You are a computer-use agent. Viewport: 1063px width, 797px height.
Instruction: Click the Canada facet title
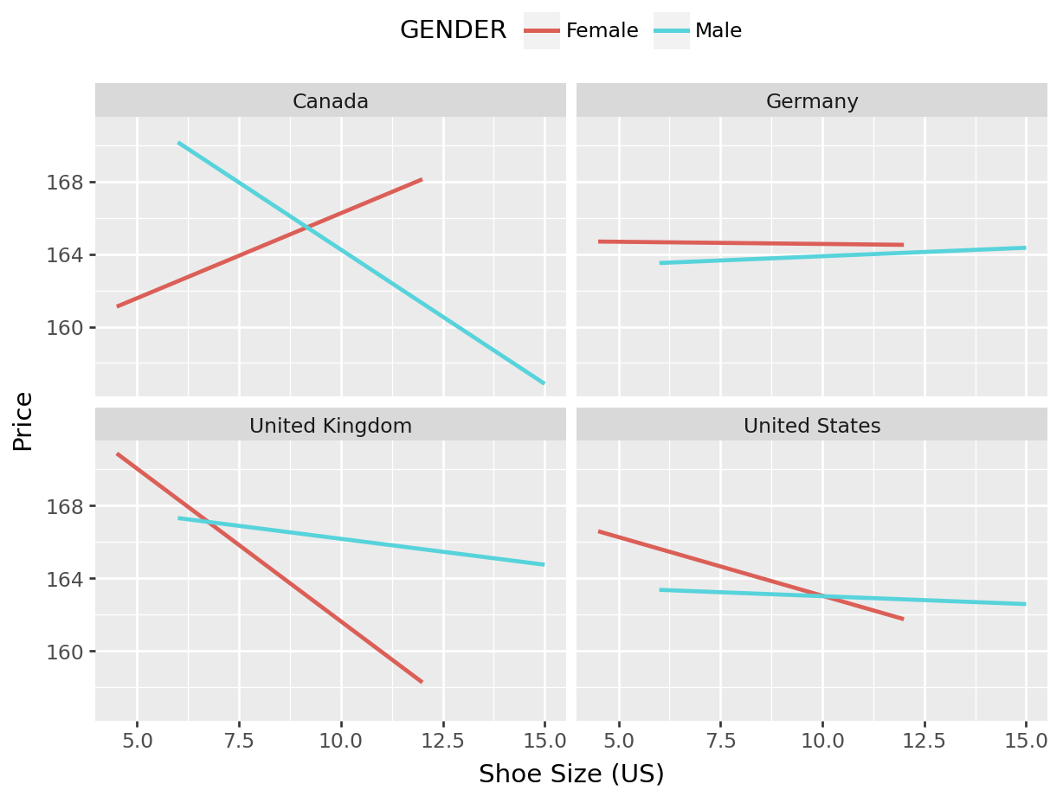click(x=331, y=101)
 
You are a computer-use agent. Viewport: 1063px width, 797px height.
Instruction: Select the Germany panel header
click(x=812, y=101)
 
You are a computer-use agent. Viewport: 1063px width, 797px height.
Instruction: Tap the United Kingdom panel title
click(x=331, y=426)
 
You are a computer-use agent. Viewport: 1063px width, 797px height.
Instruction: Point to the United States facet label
click(x=812, y=426)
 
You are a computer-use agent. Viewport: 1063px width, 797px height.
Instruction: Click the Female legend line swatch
click(x=542, y=31)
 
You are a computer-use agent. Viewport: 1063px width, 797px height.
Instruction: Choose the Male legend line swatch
click(x=672, y=31)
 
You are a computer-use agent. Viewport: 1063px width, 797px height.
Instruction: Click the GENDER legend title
click(x=453, y=31)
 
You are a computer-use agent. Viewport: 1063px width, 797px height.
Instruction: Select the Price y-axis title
click(x=23, y=421)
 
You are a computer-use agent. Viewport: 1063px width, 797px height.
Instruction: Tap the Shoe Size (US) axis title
click(x=571, y=774)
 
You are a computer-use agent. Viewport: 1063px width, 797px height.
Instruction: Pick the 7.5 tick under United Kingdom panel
click(x=239, y=742)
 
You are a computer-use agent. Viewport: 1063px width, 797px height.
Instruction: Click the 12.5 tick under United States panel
click(x=924, y=742)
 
